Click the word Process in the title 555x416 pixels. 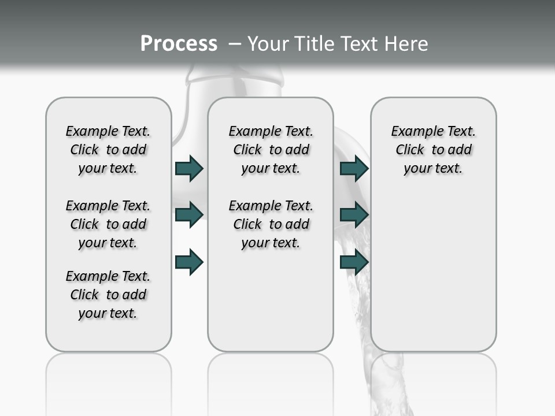[x=179, y=44]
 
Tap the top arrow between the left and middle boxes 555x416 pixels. [x=189, y=169]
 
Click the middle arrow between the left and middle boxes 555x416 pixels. [x=189, y=214]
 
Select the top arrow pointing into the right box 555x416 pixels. [x=354, y=169]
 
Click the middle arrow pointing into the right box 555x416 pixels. [x=354, y=215]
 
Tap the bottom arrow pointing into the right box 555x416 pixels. [x=354, y=262]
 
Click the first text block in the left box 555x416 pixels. [x=108, y=150]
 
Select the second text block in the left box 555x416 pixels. [x=108, y=224]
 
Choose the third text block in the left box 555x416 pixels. [x=108, y=295]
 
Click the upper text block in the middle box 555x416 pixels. [x=271, y=150]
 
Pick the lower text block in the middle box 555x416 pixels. [x=271, y=224]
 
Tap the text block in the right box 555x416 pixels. [x=433, y=150]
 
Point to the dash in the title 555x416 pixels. [x=235, y=44]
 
